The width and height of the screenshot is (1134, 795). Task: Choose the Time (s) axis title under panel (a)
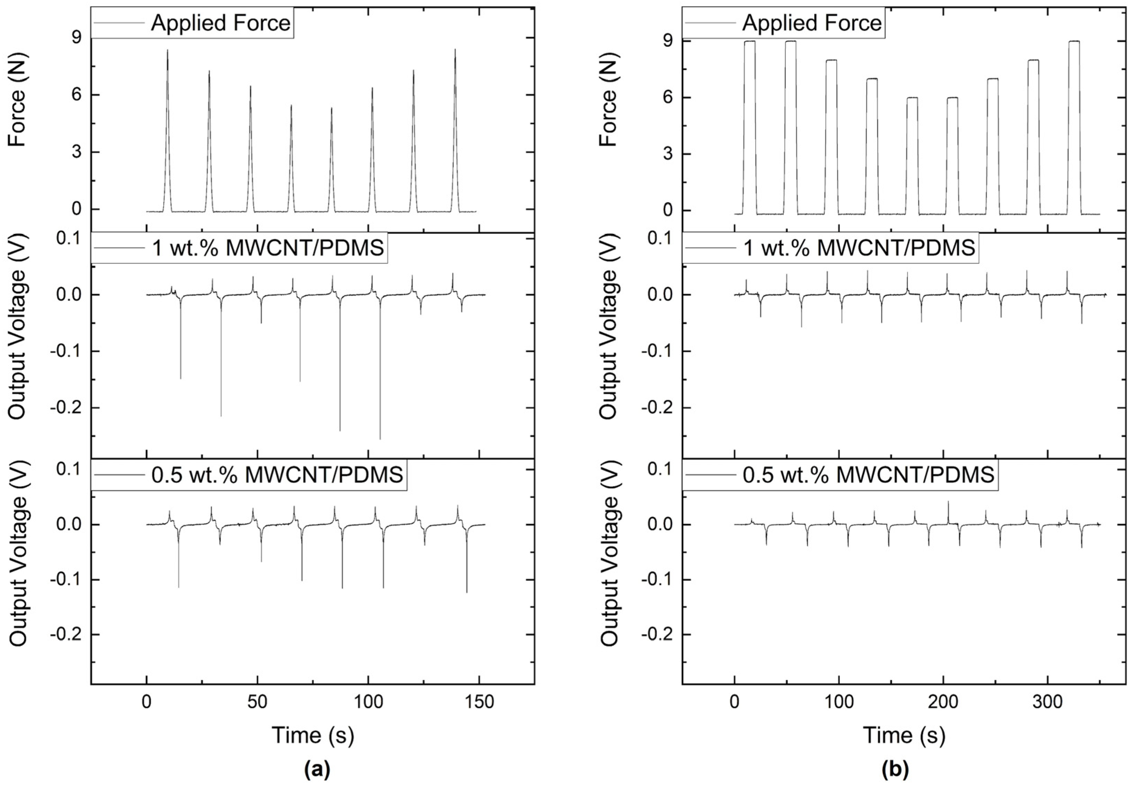[x=313, y=735]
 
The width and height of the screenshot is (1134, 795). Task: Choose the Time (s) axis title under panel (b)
[x=904, y=735]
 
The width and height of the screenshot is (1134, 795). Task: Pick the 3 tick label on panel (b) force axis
[x=668, y=154]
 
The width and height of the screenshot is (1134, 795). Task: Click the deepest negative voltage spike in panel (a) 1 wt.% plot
[x=380, y=438]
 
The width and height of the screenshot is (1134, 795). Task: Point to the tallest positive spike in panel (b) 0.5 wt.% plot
[x=948, y=502]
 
